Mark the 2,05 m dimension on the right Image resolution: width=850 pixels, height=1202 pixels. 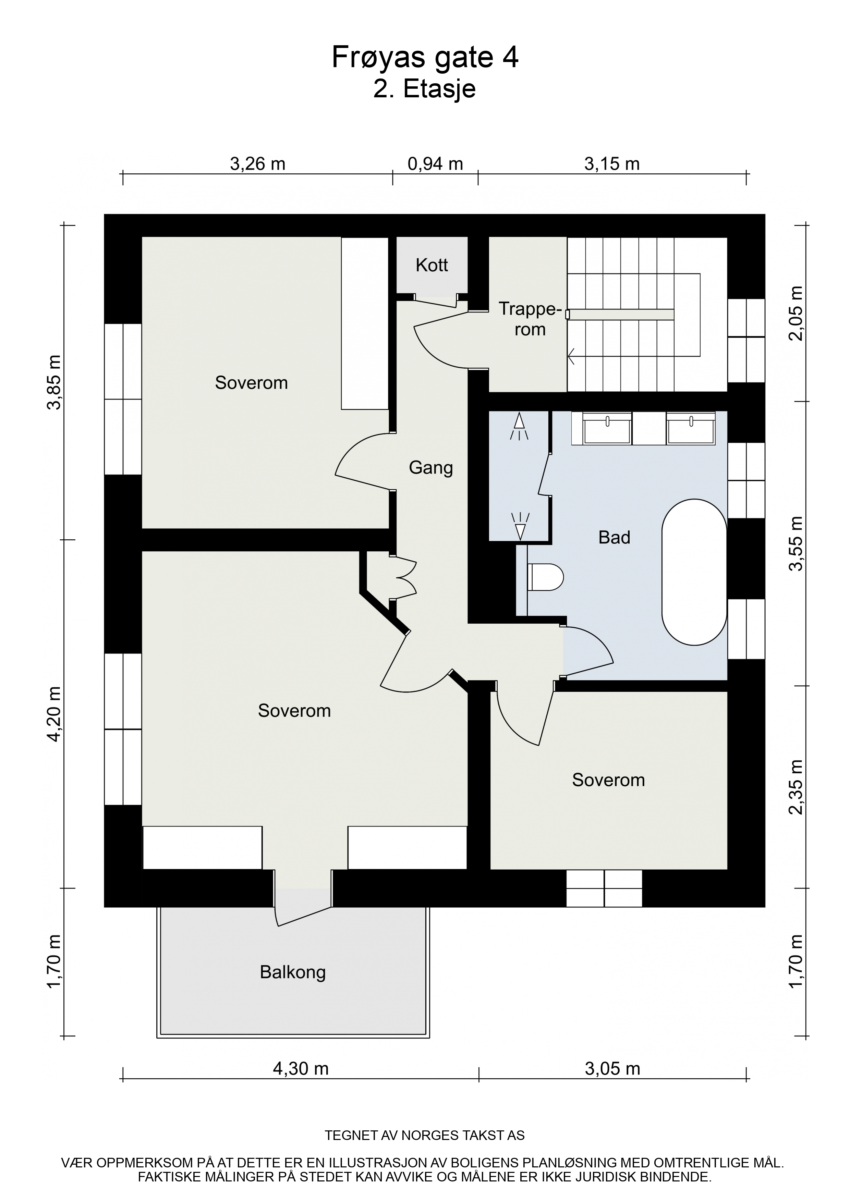pyautogui.click(x=796, y=313)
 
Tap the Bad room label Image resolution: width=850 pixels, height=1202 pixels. pyautogui.click(x=614, y=537)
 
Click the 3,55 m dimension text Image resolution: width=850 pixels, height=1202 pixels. pyautogui.click(x=796, y=543)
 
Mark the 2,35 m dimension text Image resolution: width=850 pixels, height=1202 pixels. pyautogui.click(x=796, y=787)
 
